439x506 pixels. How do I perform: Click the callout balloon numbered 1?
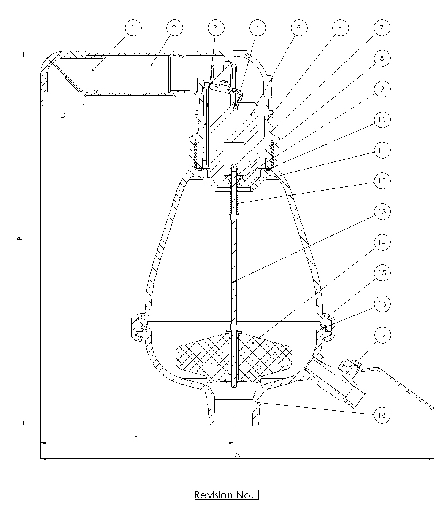[x=133, y=28]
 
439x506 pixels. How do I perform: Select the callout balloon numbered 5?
[x=298, y=28]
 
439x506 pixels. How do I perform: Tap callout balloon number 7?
[x=382, y=28]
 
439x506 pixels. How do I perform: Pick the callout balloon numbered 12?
[x=382, y=181]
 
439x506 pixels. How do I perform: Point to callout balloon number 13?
[x=382, y=212]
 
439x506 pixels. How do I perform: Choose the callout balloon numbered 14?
[x=382, y=242]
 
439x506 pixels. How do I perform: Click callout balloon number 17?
[x=382, y=335]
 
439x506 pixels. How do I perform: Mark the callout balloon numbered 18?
[x=382, y=415]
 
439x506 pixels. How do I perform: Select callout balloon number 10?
[x=382, y=120]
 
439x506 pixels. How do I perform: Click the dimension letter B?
[x=19, y=238]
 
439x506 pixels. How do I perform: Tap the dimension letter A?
[x=237, y=454]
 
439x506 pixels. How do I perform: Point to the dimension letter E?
[x=135, y=439]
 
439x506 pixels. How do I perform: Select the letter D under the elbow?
[x=63, y=115]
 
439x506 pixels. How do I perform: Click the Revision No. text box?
[x=226, y=495]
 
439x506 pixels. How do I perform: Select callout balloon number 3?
[x=216, y=28]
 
